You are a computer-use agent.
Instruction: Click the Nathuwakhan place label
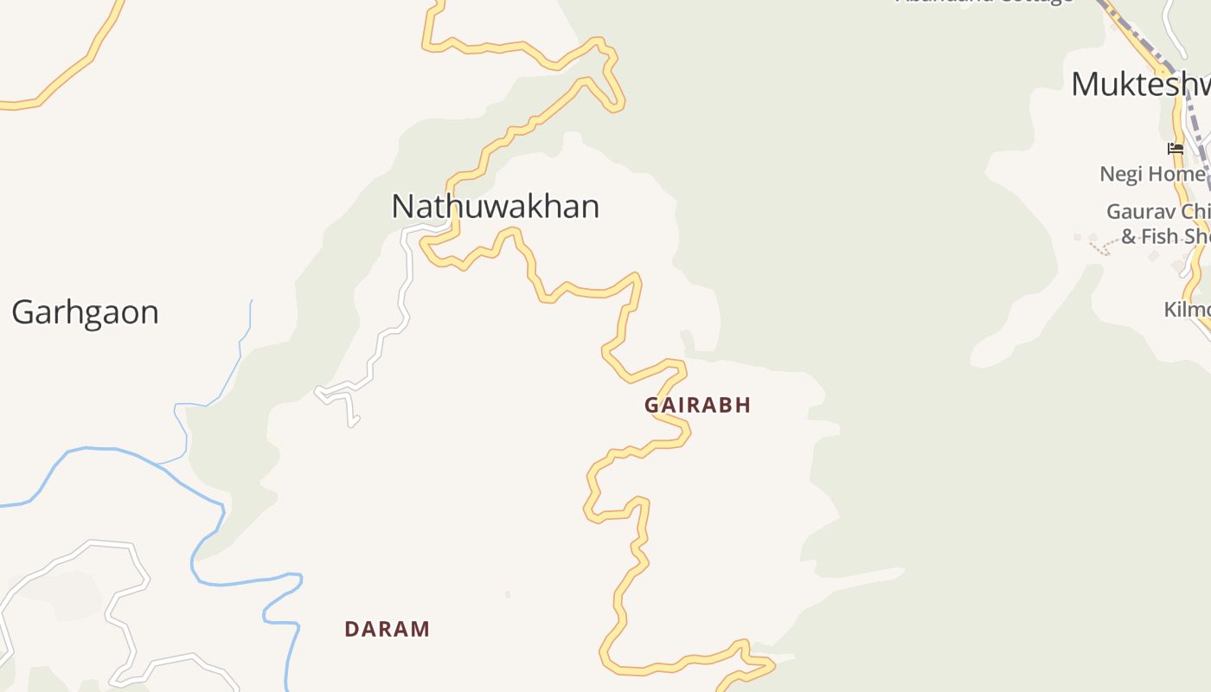(495, 207)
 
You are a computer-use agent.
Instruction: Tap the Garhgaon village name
(85, 312)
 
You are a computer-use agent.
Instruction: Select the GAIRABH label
(697, 405)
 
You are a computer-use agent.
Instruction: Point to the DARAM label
(387, 629)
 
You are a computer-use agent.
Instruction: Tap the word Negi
(1122, 174)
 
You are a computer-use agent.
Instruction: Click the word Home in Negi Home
(1176, 174)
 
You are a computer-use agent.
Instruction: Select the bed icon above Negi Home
(1175, 149)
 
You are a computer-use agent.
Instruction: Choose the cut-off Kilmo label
(1187, 310)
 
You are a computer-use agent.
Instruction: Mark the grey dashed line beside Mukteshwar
(1194, 121)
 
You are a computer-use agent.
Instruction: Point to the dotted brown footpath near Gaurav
(1099, 248)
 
